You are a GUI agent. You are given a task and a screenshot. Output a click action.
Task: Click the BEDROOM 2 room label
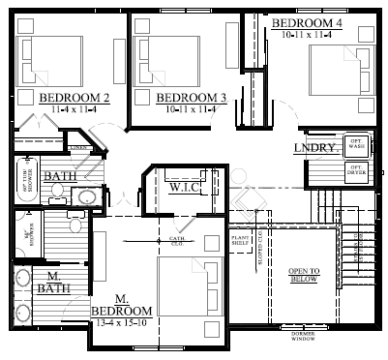click(74, 98)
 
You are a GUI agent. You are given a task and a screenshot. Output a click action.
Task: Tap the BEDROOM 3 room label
click(191, 98)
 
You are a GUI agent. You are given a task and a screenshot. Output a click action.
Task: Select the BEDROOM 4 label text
click(307, 21)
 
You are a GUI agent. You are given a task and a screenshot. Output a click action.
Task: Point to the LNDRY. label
click(315, 148)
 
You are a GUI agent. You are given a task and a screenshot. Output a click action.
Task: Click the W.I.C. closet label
click(185, 186)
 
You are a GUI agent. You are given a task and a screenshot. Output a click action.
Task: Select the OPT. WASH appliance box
click(357, 144)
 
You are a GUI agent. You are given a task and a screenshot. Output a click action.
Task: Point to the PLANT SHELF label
click(241, 239)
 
